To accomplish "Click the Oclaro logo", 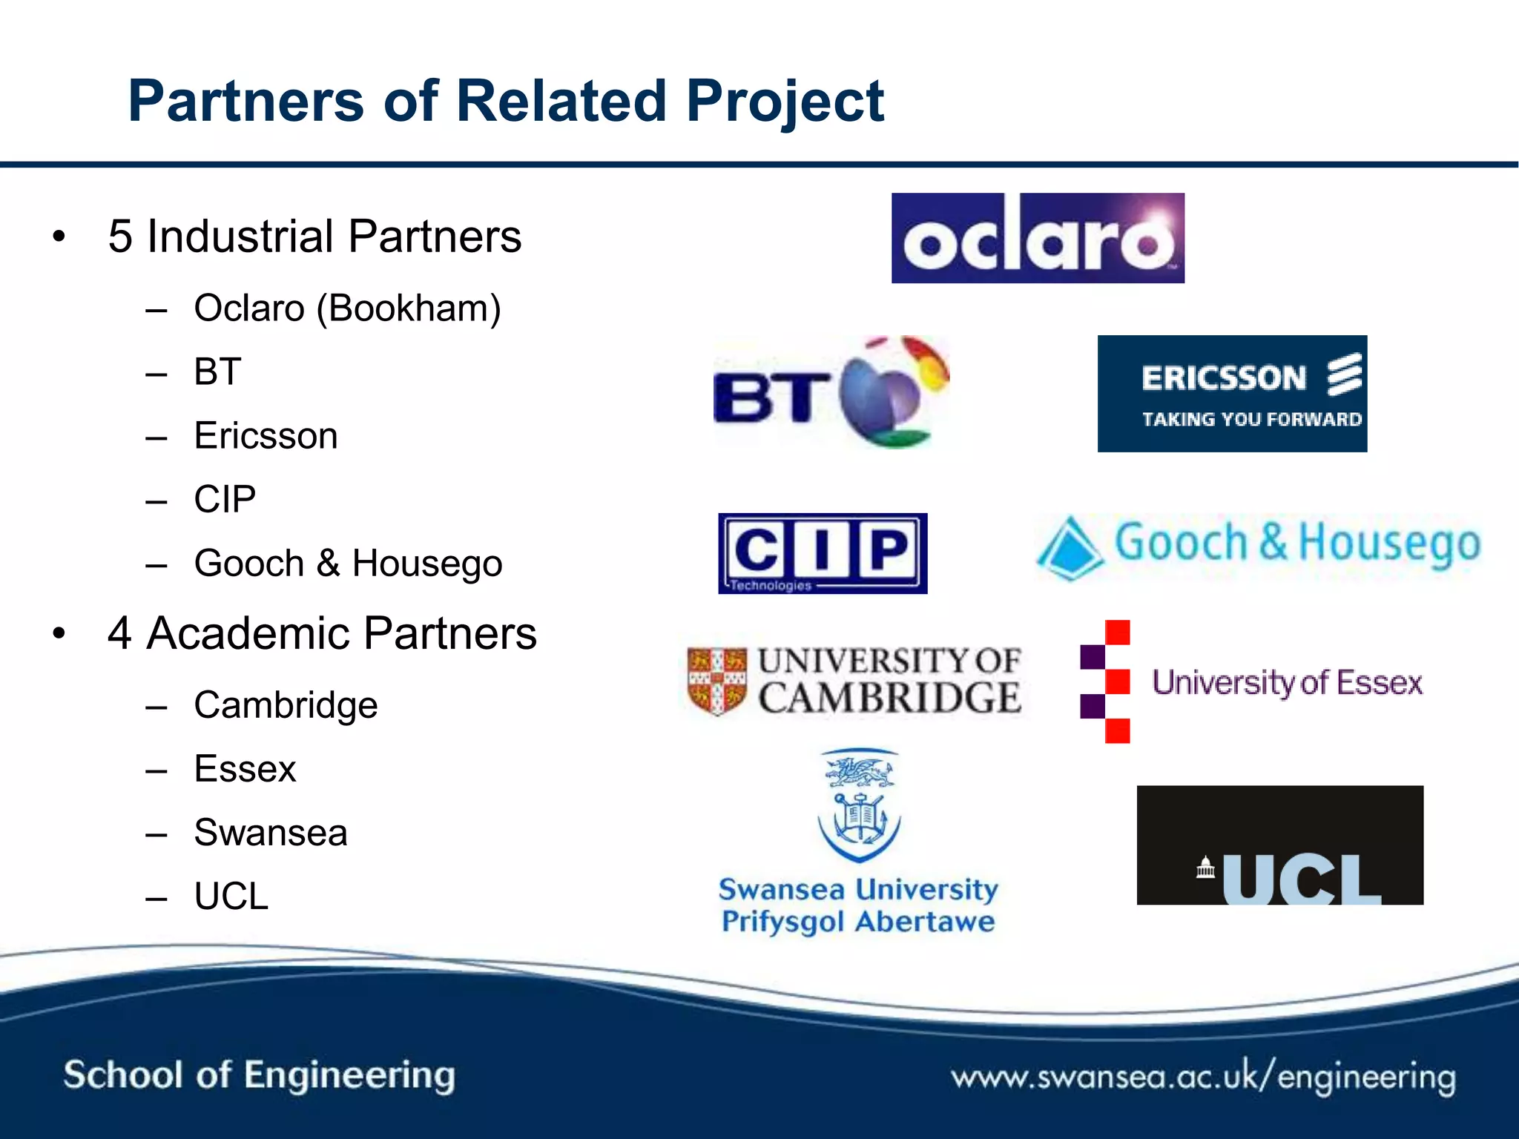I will pos(1037,238).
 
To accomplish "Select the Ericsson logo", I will pos(1232,394).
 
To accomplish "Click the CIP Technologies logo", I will pos(823,553).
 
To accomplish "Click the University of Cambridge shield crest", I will pos(716,681).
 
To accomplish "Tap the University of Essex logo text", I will pos(1287,682).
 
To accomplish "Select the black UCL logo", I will pos(1279,845).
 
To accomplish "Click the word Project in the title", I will pos(785,102).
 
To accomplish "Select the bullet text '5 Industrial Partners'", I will pos(314,237).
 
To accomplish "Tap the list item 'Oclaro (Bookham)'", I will pos(347,308).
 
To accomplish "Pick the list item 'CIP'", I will pos(225,499).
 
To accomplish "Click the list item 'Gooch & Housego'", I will pos(348,563).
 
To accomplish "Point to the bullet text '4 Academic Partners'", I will pos(322,634).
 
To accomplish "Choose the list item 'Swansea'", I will pos(271,832).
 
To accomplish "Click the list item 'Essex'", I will pos(245,768).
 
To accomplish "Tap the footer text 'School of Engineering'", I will pos(259,1075).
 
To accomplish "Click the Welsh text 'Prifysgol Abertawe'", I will pos(858,922).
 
